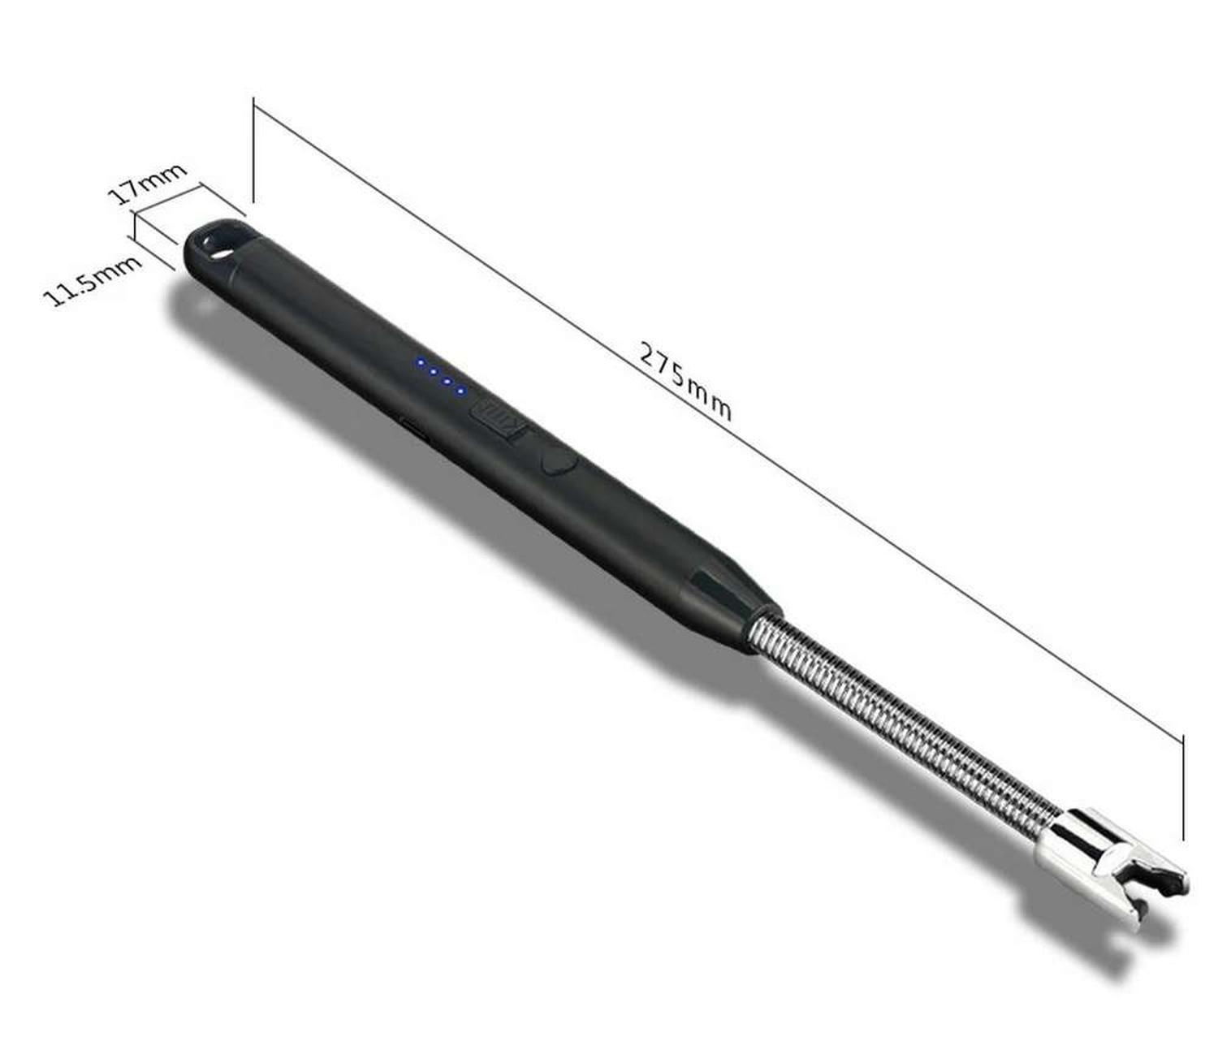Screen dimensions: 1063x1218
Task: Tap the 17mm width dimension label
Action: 147,184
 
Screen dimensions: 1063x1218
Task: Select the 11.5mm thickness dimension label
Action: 92,280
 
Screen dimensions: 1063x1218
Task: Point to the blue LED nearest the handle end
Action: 421,363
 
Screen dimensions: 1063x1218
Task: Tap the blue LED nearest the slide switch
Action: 460,391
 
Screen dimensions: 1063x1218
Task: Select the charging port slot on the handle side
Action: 414,430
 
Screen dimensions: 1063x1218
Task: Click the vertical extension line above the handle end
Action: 253,150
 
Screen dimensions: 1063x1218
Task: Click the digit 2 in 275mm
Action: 648,354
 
